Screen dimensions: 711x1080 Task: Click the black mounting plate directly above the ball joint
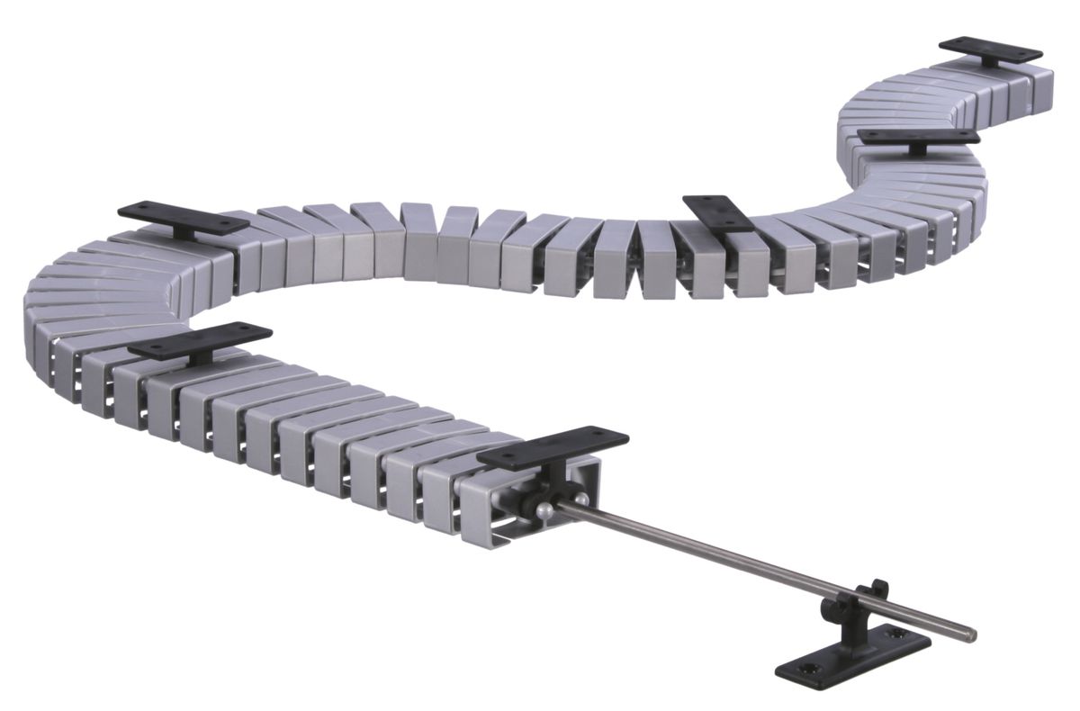coord(552,447)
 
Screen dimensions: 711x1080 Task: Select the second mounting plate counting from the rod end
coord(200,341)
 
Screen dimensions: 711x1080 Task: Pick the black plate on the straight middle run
coord(717,213)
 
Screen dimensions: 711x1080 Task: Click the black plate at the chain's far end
coord(990,50)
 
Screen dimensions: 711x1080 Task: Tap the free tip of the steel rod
coord(971,635)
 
